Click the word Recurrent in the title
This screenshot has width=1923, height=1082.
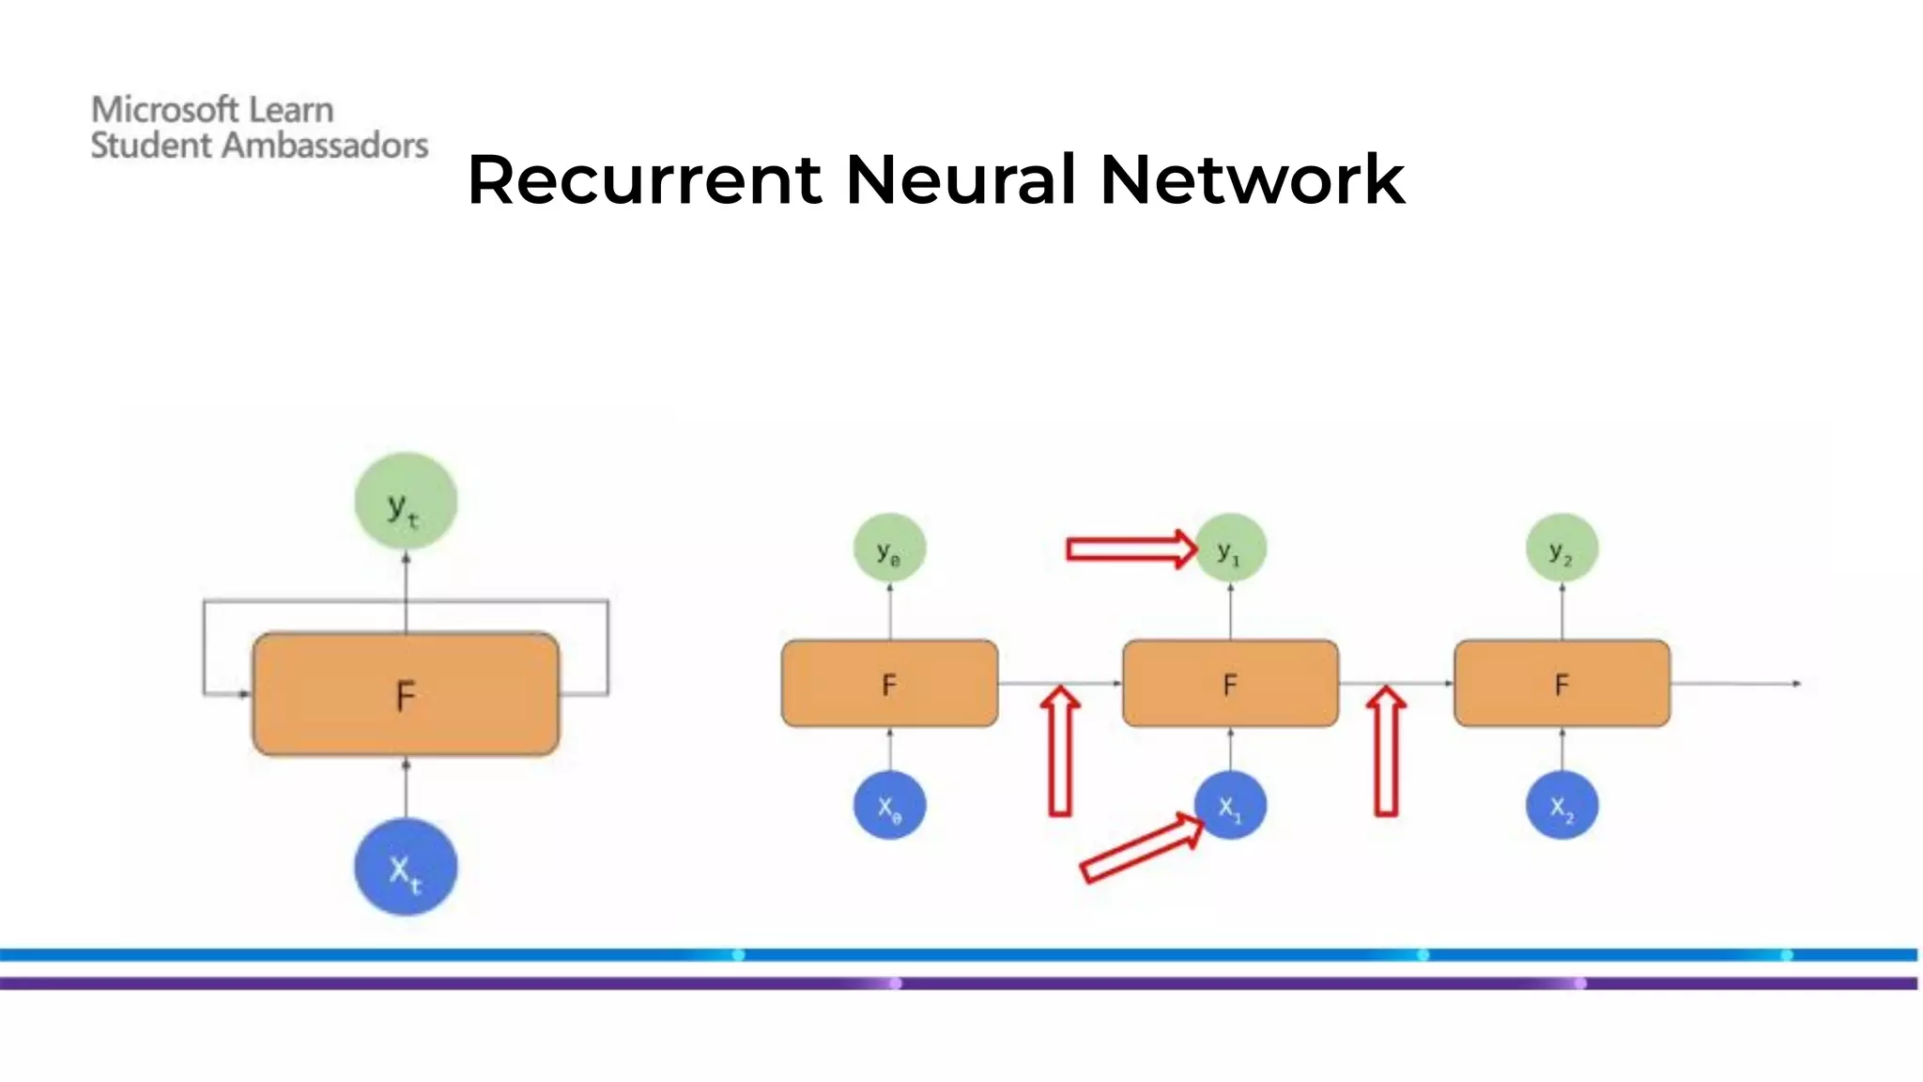point(644,179)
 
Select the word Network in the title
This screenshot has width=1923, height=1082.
point(1252,179)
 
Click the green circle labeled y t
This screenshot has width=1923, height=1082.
point(406,502)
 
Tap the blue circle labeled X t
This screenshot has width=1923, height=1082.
point(406,866)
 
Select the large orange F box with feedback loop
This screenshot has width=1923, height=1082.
point(406,694)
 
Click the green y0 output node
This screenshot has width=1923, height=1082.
point(889,549)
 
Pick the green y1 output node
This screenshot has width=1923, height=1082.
point(1230,549)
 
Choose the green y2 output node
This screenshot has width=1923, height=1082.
point(1561,549)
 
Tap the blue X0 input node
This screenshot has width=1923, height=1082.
point(889,806)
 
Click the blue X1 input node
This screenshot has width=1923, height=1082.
point(1230,806)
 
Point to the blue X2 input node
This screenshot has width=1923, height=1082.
point(1561,806)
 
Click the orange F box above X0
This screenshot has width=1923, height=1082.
point(889,684)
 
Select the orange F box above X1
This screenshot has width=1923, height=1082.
point(1230,684)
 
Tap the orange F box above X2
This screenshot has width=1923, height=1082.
point(1561,684)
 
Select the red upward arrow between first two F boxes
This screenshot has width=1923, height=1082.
point(1061,751)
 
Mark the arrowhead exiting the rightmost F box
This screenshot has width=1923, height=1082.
point(1795,684)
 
